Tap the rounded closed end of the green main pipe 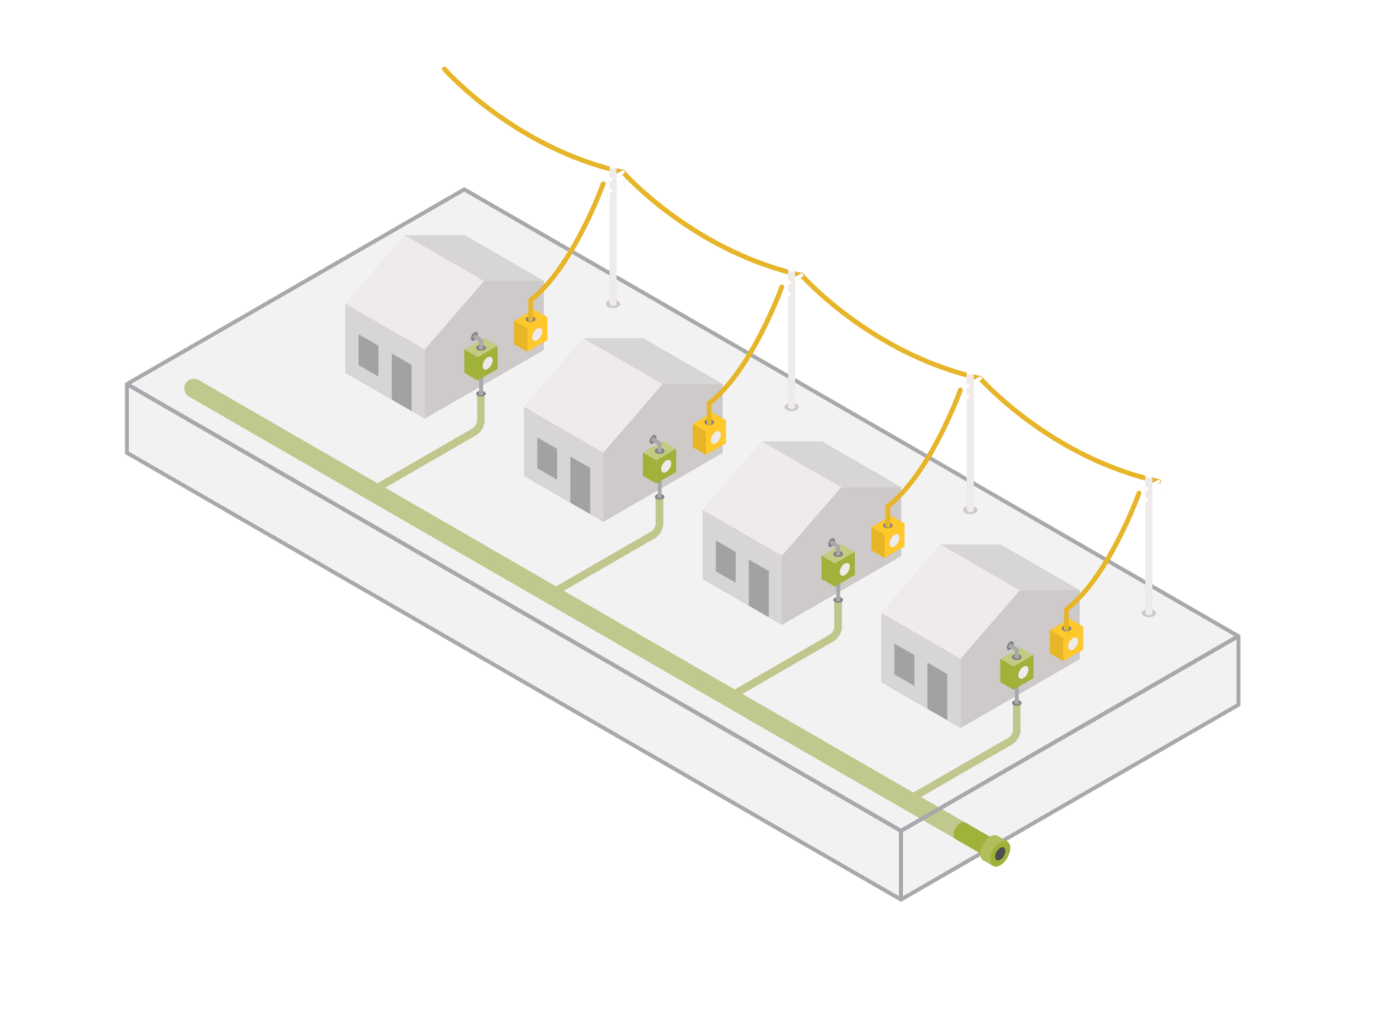(193, 388)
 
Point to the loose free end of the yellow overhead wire (445, 69)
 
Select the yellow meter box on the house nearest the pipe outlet (1066, 640)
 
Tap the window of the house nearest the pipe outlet (904, 664)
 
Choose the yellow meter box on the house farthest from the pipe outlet (530, 331)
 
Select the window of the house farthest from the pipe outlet (368, 355)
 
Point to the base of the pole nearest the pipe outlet (1148, 612)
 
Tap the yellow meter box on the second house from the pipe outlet (888, 537)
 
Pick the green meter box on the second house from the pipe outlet (837, 566)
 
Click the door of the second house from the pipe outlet (759, 587)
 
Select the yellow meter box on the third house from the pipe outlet (709, 434)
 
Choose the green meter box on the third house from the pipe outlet (659, 462)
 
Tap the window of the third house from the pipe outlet (547, 458)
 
